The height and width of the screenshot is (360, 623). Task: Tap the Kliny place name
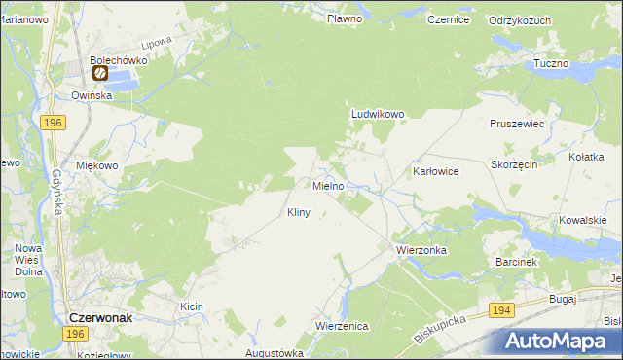point(298,212)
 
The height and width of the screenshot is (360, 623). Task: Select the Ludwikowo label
point(378,114)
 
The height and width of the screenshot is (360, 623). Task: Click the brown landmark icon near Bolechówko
point(99,72)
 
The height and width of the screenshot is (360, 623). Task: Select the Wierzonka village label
point(421,250)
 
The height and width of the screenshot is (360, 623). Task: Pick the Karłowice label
point(435,171)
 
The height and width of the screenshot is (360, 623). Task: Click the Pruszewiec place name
point(516,125)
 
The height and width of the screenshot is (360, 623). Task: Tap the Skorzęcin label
point(515,164)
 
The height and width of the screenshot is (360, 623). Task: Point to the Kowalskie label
point(590,220)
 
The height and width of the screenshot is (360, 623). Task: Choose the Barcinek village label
point(516,262)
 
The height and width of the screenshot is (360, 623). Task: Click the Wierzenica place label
point(342,326)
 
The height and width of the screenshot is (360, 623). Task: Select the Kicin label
point(191,306)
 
